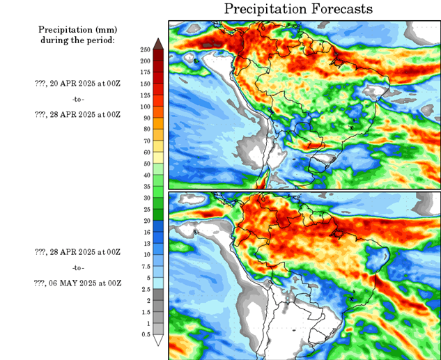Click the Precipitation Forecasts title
point(298,9)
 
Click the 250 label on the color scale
point(146,50)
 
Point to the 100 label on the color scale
point(146,107)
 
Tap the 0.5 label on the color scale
point(146,334)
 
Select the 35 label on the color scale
point(146,186)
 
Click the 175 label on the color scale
point(146,72)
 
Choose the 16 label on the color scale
point(146,232)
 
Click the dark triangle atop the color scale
point(158,44)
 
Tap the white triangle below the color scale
point(158,341)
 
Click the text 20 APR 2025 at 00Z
point(77,84)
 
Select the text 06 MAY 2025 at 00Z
point(77,283)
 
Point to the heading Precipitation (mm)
point(77,30)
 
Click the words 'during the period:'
point(77,40)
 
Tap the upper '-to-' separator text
point(78,99)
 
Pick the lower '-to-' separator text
point(78,267)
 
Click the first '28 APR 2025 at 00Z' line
point(77,114)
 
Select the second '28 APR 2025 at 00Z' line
point(77,252)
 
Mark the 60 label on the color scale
point(146,152)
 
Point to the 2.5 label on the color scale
point(146,289)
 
